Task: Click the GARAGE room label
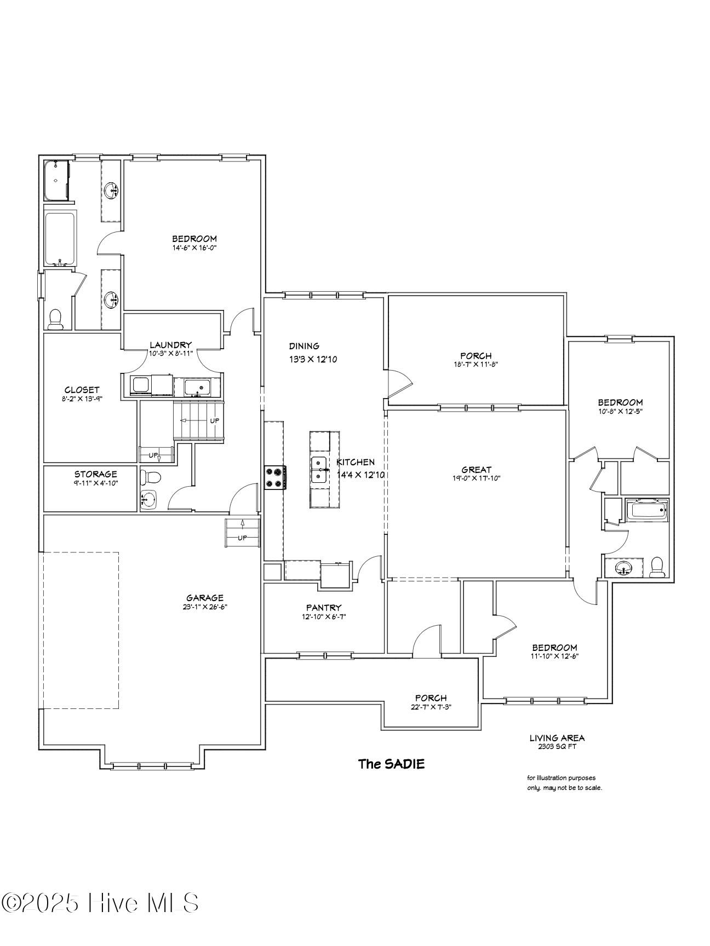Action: click(205, 598)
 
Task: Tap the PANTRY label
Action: click(324, 607)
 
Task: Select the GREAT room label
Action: click(477, 469)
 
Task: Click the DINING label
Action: click(304, 346)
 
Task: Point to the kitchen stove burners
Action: click(275, 476)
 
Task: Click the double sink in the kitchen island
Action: click(319, 470)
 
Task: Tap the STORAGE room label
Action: click(96, 474)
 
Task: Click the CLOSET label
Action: click(82, 390)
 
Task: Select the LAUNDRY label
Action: click(171, 345)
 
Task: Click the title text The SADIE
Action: click(391, 764)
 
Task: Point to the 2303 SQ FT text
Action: click(557, 746)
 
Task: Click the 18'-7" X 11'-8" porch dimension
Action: click(476, 364)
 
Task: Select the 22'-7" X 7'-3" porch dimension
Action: click(431, 706)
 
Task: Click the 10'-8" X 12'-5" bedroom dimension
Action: click(620, 411)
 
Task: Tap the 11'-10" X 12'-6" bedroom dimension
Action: click(554, 656)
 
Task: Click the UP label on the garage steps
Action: click(242, 538)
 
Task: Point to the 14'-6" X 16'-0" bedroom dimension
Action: click(194, 247)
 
